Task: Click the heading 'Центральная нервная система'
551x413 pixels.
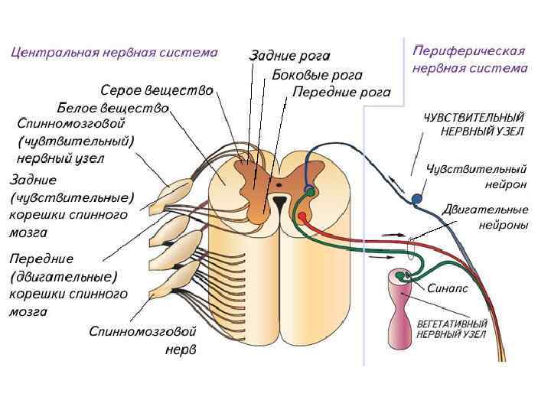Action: (x=114, y=53)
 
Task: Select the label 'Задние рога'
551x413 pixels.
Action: (x=290, y=56)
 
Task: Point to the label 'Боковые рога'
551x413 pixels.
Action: (x=317, y=75)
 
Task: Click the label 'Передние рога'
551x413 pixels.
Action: (x=341, y=93)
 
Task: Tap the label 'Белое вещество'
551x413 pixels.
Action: (x=113, y=107)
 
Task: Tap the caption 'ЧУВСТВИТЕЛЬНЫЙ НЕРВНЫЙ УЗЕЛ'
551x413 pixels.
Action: (x=474, y=124)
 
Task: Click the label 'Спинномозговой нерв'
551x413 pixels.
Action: (x=143, y=341)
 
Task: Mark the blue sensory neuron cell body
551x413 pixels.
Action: (x=416, y=199)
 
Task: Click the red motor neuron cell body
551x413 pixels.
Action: (x=302, y=216)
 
